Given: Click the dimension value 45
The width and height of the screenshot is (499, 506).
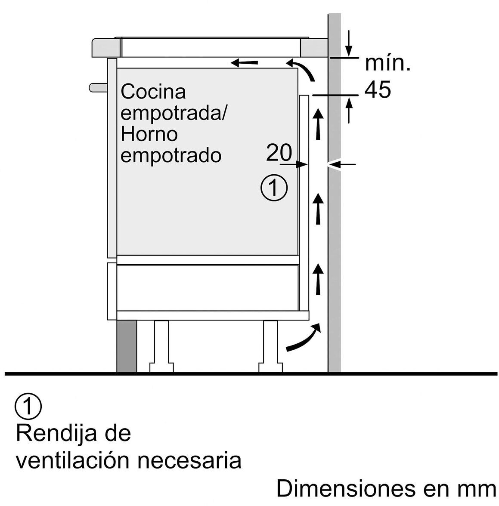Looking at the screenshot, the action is [378, 90].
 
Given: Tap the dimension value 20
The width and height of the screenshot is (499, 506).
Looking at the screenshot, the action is [279, 152].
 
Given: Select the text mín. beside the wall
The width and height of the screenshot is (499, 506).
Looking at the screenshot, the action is [387, 64].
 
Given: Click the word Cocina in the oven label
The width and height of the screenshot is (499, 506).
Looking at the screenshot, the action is [153, 92].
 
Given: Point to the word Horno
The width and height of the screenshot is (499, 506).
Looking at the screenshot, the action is [149, 134].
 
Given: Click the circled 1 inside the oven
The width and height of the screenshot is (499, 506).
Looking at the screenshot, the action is [274, 188].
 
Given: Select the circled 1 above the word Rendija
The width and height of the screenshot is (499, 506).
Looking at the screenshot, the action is [28, 406].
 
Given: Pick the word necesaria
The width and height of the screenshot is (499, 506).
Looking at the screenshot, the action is [189, 460].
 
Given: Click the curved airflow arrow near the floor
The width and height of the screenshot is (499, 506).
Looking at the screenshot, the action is [304, 337].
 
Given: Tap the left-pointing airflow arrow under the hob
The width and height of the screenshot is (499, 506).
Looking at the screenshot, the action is [245, 63].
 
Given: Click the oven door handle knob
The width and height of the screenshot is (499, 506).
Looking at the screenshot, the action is [97, 87].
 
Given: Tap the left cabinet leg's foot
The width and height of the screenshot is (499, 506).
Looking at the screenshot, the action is [161, 367].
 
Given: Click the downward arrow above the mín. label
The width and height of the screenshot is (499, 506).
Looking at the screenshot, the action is [349, 43].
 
